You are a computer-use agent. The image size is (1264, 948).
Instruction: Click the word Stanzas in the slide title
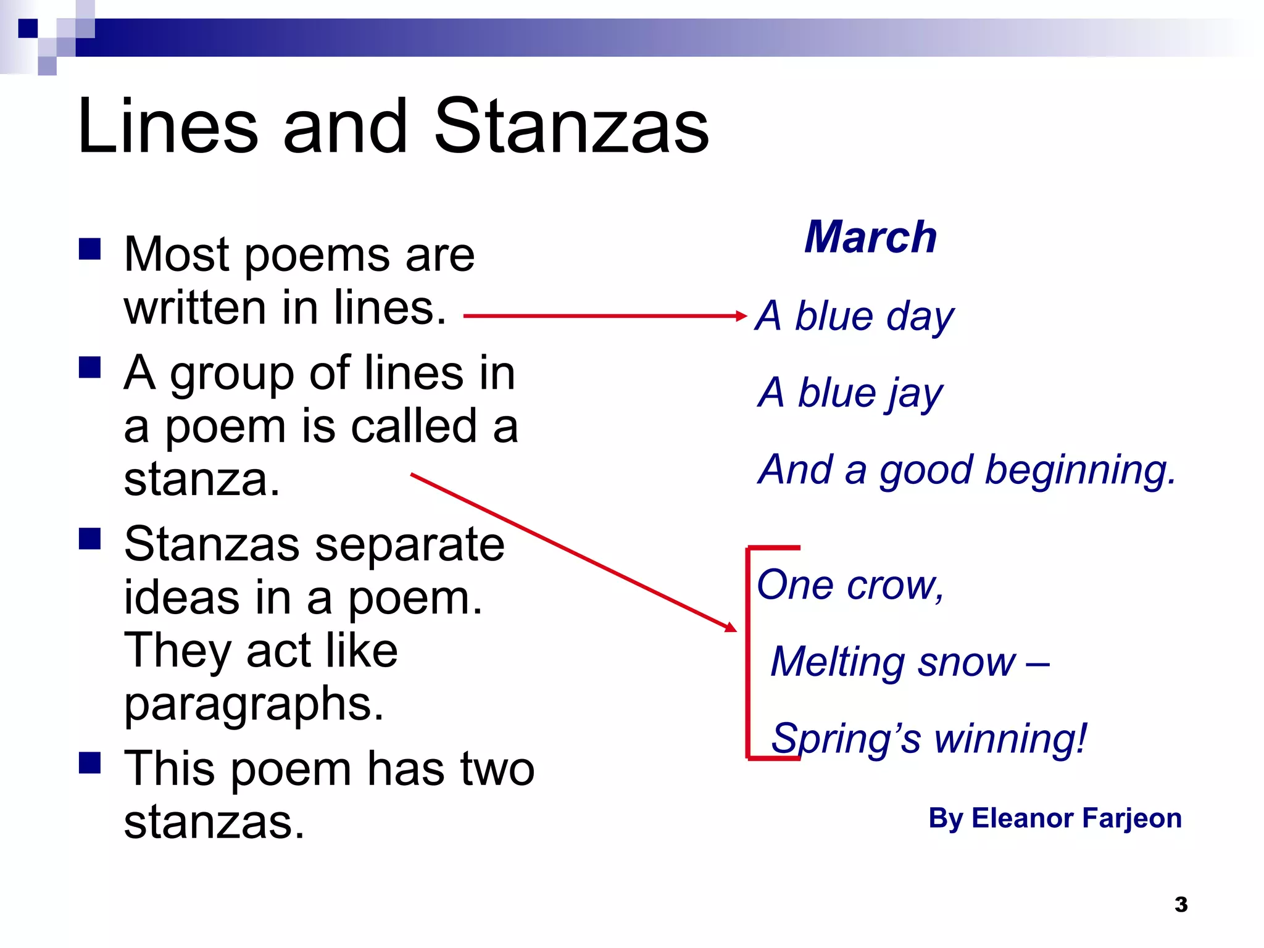coord(572,127)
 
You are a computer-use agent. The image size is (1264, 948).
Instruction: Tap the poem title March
coord(871,237)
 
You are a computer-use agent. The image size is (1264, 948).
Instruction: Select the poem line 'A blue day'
coord(855,317)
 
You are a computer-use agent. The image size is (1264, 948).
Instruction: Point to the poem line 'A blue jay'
coord(850,393)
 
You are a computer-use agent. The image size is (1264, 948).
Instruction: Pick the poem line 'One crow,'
coord(850,584)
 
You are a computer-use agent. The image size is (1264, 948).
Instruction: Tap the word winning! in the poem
coord(1011,739)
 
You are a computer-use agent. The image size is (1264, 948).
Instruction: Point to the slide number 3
coord(1181,905)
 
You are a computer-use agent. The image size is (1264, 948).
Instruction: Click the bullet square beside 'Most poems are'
coord(90,250)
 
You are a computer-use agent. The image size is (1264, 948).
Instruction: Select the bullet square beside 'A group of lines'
coord(90,368)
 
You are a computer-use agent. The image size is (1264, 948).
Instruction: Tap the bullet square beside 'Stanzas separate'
coord(90,539)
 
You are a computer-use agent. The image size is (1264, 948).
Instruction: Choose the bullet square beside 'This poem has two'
coord(90,763)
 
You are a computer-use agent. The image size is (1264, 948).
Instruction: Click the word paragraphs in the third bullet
coord(253,705)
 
